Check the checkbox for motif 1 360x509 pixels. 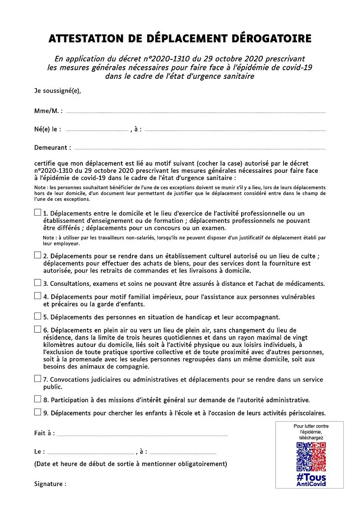pos(38,212)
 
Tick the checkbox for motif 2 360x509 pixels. pos(38,255)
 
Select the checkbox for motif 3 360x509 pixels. pos(38,283)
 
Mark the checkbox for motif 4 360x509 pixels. pos(38,296)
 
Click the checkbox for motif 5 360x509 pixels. pos(38,316)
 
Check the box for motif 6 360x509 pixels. pos(38,329)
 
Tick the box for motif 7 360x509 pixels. pos(38,378)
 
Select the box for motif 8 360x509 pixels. pos(38,399)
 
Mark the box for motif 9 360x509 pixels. pos(38,412)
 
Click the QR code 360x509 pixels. pos(310,456)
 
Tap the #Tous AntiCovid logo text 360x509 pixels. pos(311,480)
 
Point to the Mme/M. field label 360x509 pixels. pos(48,111)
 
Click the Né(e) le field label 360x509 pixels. pos(48,129)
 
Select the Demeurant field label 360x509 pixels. pos(53,147)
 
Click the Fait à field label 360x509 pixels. pos(45,433)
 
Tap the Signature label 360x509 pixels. pos(50,484)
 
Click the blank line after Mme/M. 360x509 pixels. pos(195,112)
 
